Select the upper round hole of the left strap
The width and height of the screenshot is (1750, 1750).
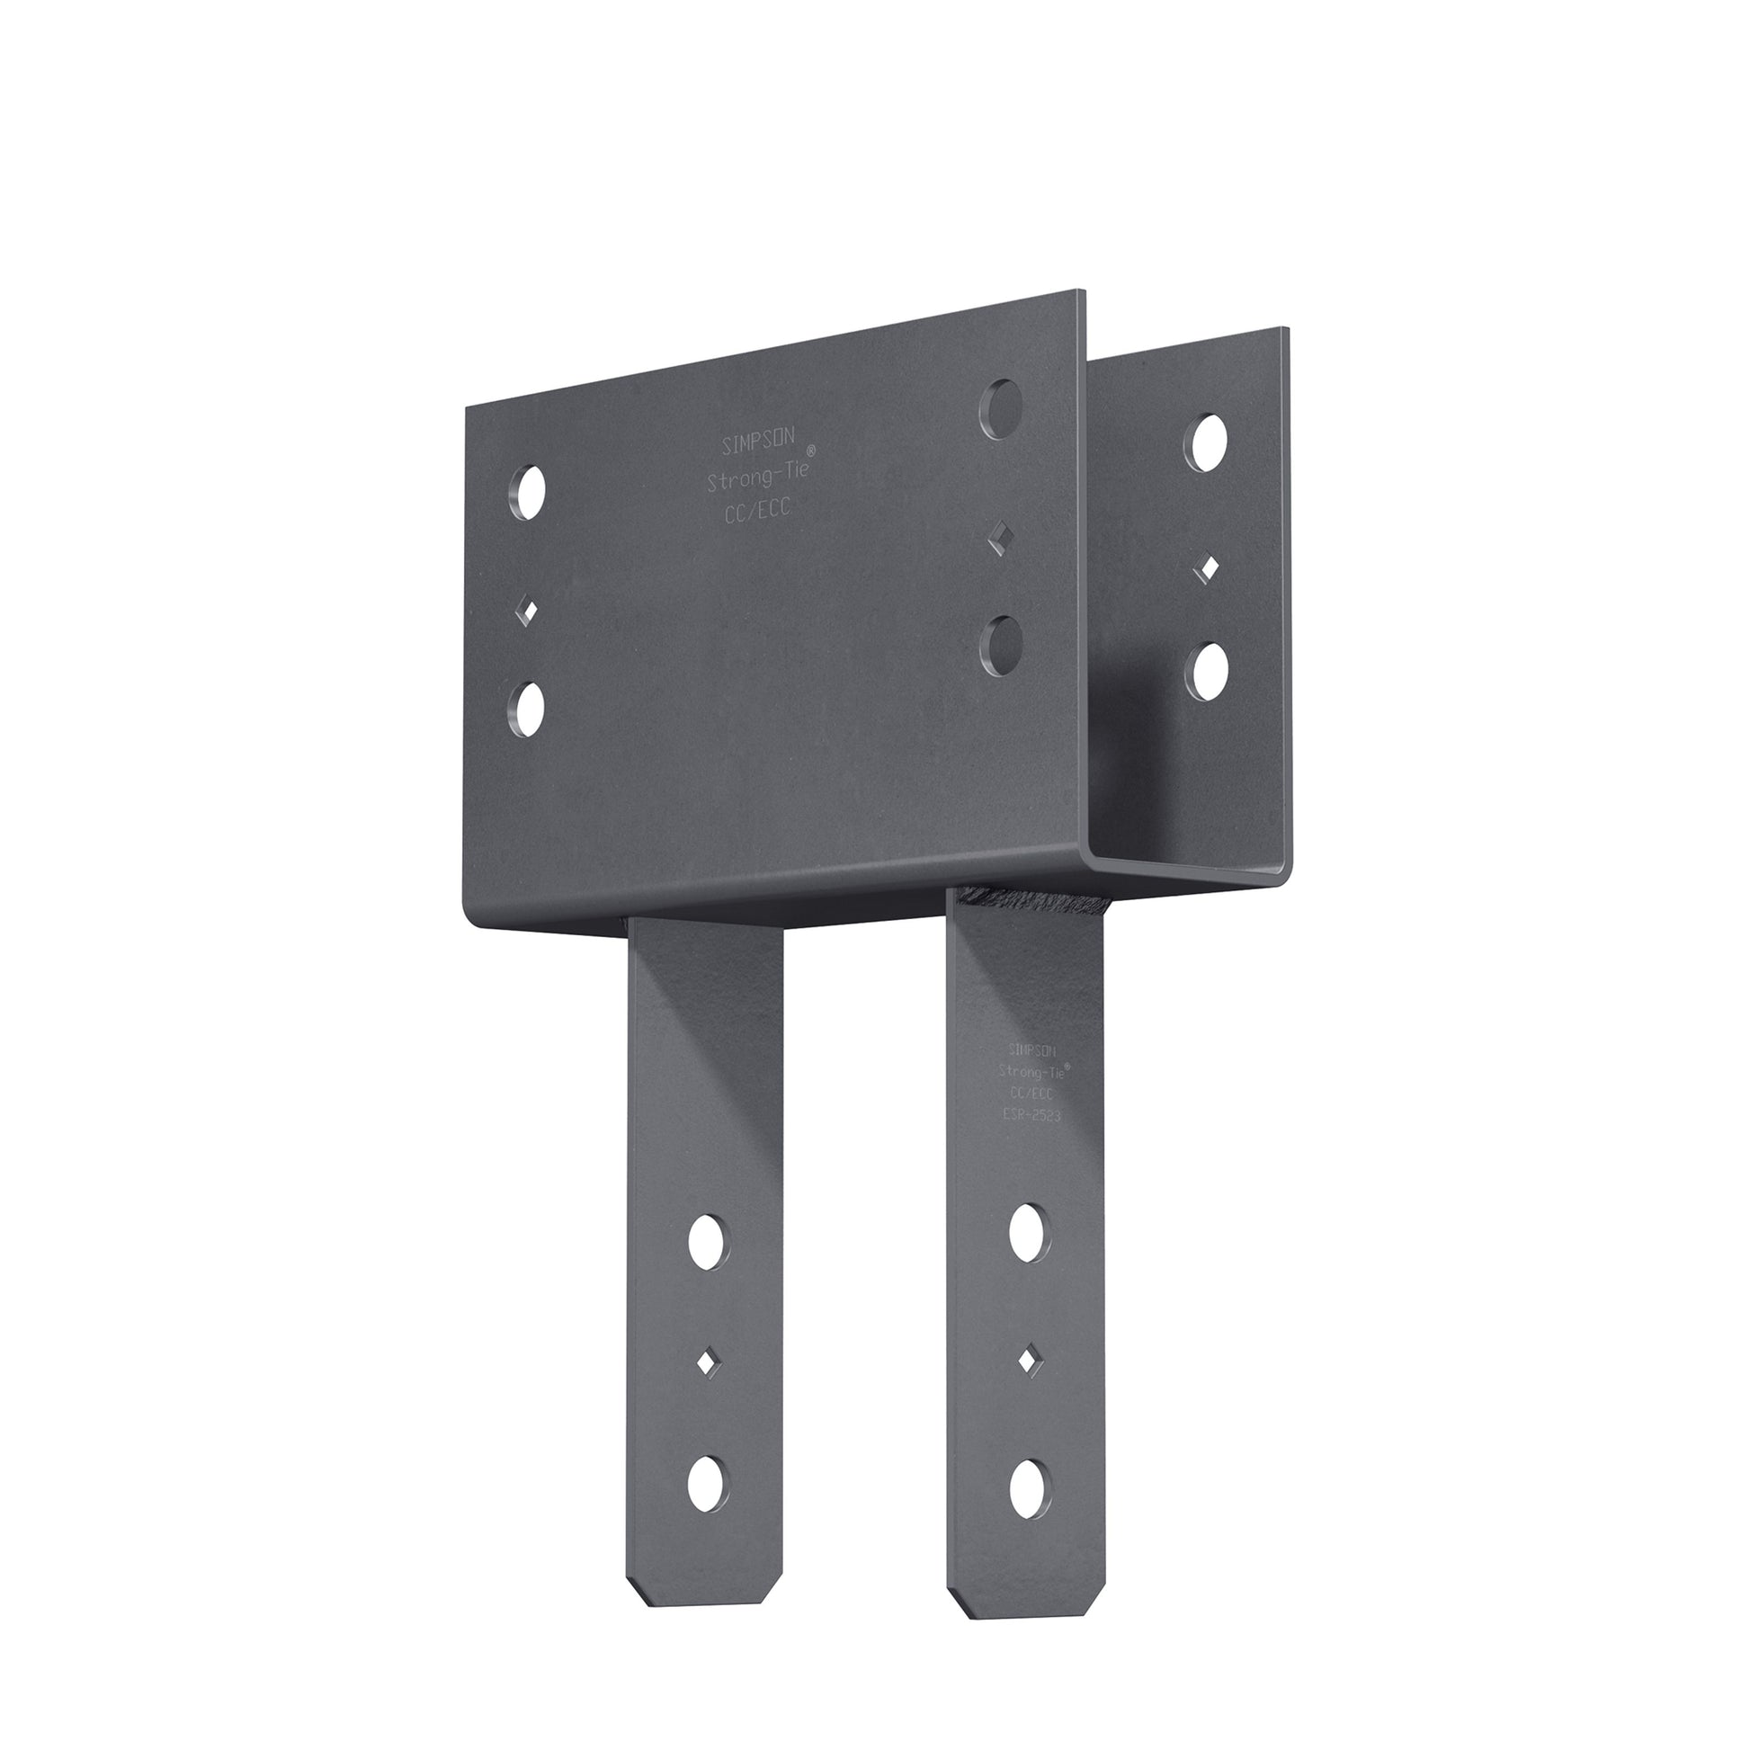(710, 1242)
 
